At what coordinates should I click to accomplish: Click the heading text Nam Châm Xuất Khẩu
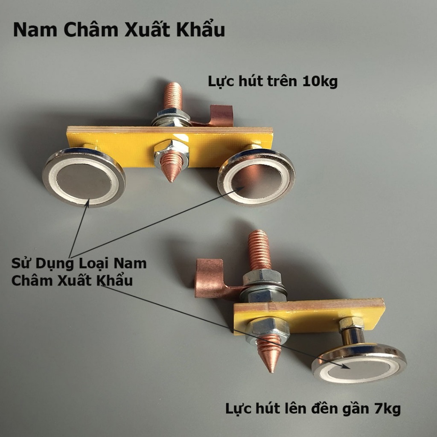pyautogui.click(x=119, y=31)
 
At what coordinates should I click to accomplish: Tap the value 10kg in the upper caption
pyautogui.click(x=320, y=81)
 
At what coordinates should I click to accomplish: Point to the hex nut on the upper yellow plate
pyautogui.click(x=170, y=147)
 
